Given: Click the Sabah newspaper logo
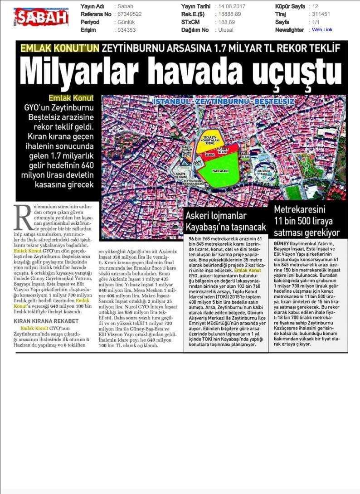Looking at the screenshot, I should point(41,17).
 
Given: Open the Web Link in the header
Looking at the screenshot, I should point(322,30).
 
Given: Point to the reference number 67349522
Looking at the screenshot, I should point(129,15).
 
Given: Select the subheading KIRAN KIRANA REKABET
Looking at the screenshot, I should point(46,321).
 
